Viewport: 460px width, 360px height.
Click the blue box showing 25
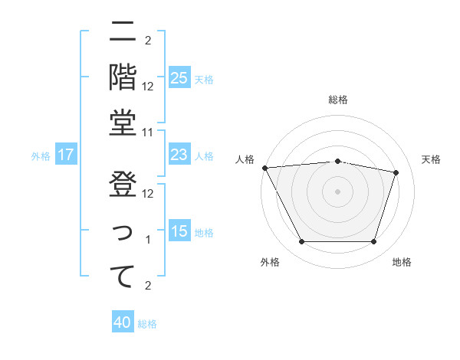(179, 77)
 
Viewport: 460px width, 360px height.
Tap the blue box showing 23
(179, 155)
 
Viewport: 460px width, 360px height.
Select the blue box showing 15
(179, 231)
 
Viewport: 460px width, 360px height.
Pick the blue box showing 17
(65, 155)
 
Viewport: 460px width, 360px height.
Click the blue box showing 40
(123, 322)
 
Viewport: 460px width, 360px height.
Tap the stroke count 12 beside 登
(149, 194)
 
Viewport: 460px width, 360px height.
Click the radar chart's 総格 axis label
(338, 100)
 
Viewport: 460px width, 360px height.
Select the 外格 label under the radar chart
(270, 262)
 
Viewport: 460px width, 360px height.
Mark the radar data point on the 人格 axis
(264, 168)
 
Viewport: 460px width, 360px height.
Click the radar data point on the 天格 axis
(396, 172)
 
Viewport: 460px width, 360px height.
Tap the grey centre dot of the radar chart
(337, 191)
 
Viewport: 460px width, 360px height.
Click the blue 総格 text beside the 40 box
(147, 324)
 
